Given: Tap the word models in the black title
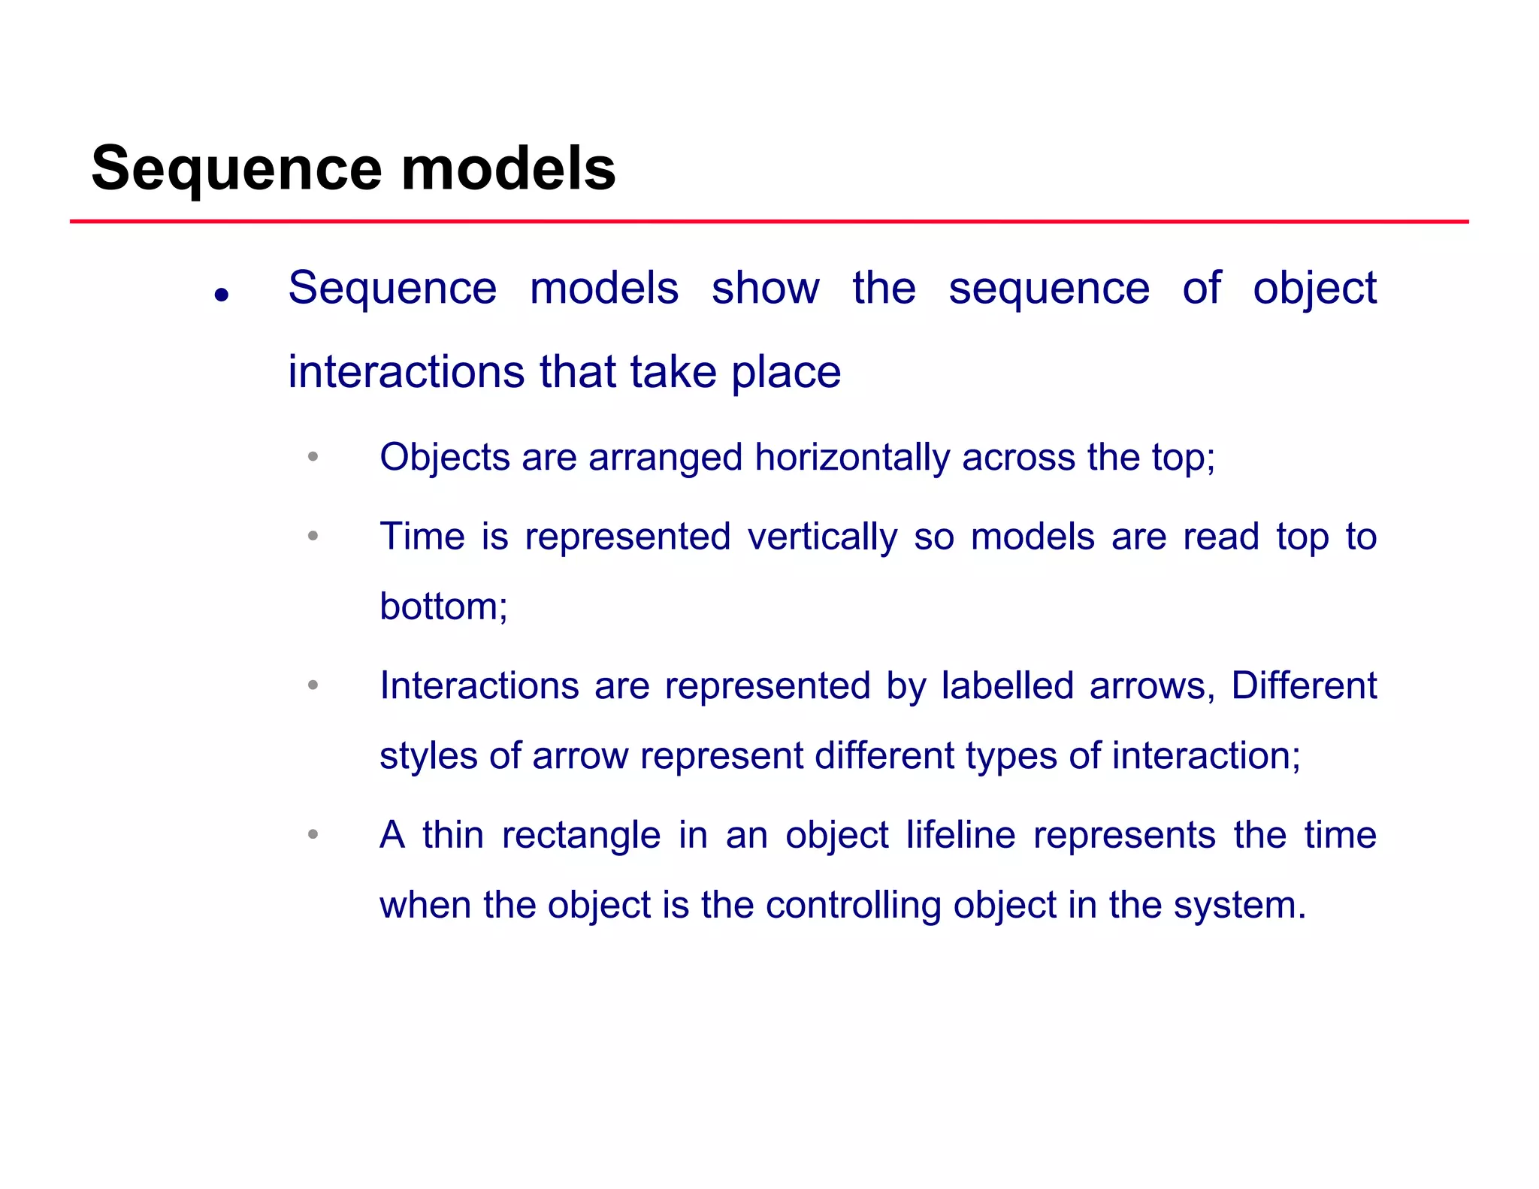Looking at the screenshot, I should coord(509,169).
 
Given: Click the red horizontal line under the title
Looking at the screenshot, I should coord(769,222).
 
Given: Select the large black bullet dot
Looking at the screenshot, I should coord(221,295).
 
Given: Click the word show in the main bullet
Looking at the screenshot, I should coord(765,288).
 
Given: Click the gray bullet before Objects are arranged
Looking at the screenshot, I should coord(313,456).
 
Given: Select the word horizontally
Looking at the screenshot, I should coord(852,458).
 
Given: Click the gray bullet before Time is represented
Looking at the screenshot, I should coord(313,536).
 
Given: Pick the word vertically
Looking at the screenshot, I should coord(822,537).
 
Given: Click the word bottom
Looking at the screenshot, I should coord(443,607).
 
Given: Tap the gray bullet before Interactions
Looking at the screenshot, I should coord(313,685).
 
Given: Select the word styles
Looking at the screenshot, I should coord(428,756).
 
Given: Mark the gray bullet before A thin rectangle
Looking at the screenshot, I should coord(313,834).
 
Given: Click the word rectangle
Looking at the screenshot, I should coord(581,836).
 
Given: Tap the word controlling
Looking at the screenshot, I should coord(853,906).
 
